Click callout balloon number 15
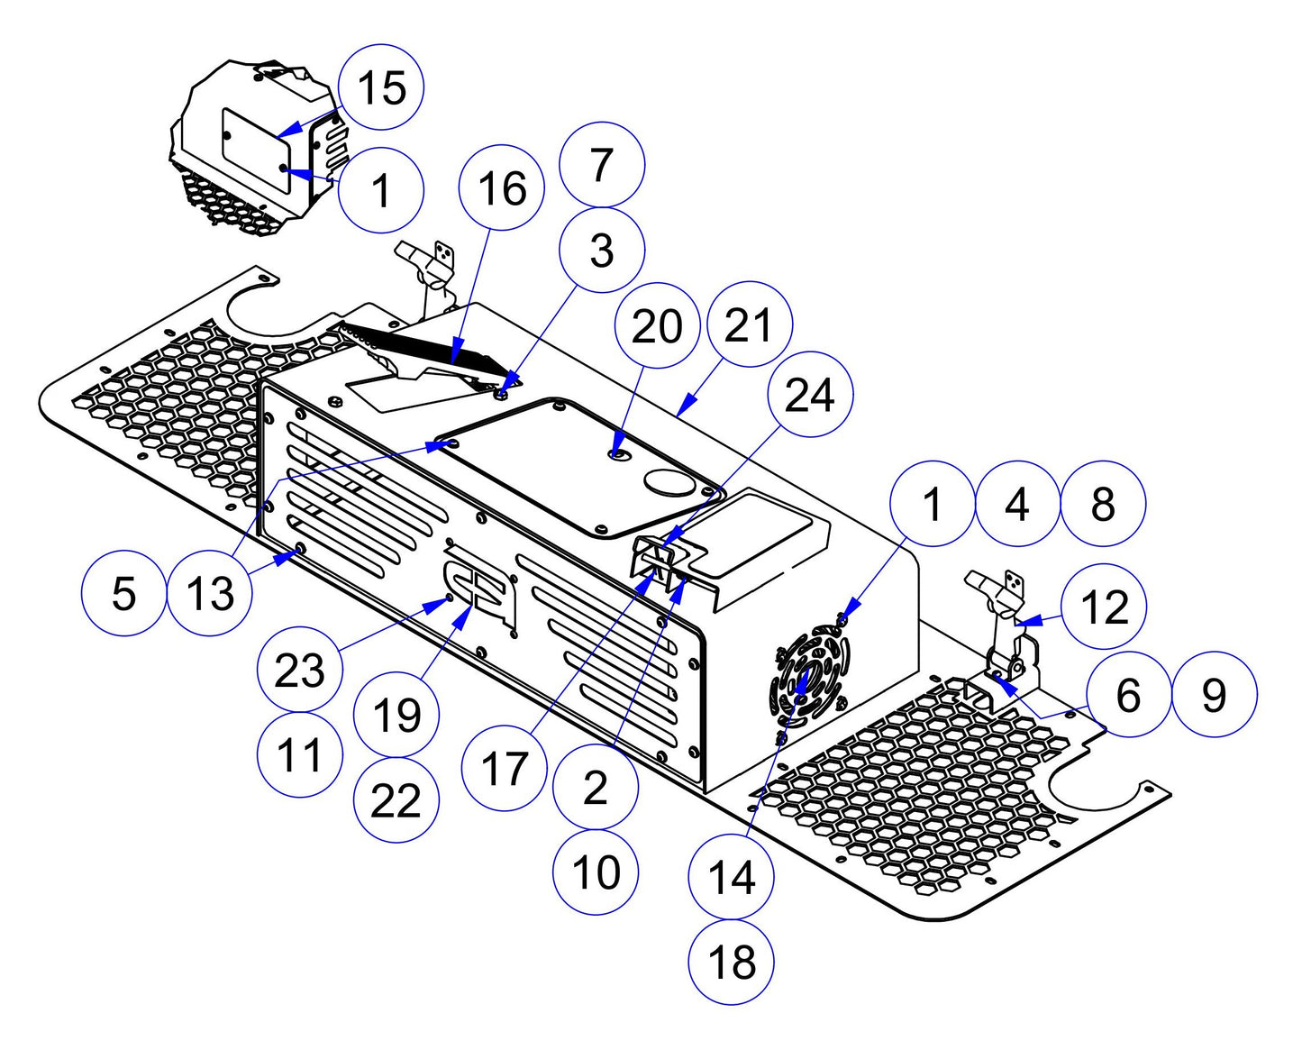coord(381,87)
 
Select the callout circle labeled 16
coord(502,189)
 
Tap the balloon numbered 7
coord(602,165)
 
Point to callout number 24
coord(810,395)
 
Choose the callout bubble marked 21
coord(750,324)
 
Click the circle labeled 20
coord(657,325)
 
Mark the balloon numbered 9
coord(1214,694)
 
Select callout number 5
coord(123,593)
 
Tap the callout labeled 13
coord(210,593)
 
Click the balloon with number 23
coord(299,670)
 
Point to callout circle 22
coord(396,801)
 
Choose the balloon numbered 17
coord(504,769)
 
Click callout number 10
coord(596,872)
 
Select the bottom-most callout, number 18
coord(731,962)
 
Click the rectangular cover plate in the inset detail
coord(256,151)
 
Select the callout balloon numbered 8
coord(1103,504)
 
